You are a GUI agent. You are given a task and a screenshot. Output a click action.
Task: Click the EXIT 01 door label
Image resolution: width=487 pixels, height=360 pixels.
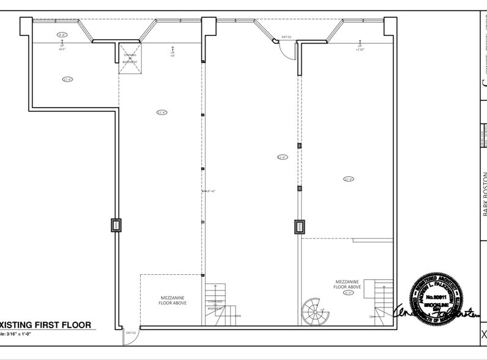[286, 37]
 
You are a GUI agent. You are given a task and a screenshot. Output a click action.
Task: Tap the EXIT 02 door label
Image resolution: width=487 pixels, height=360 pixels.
[130, 332]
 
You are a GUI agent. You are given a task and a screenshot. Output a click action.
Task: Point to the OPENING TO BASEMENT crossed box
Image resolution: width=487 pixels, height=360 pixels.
[132, 59]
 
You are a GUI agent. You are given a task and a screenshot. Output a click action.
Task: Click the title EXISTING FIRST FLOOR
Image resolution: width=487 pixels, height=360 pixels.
[46, 324]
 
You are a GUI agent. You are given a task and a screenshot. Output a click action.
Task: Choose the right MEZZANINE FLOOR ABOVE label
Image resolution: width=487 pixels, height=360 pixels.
[347, 284]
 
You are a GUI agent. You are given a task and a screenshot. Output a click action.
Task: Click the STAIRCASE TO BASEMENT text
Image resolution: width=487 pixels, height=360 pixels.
[214, 304]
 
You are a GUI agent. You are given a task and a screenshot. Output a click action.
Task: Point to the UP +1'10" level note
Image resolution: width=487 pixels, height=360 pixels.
[360, 47]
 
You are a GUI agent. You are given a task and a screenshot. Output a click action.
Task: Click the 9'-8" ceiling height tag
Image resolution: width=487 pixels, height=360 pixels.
[62, 35]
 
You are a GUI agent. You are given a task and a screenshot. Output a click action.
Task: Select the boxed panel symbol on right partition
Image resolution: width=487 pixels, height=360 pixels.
[300, 227]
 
